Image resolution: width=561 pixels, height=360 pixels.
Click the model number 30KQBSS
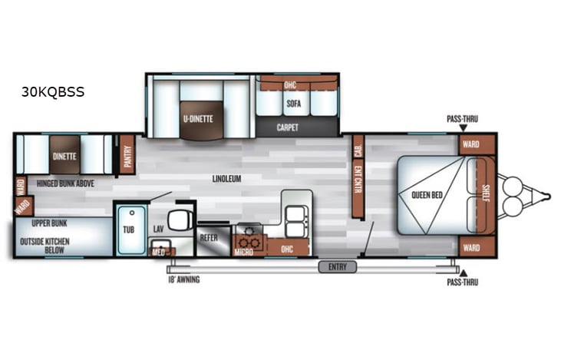pos(53,92)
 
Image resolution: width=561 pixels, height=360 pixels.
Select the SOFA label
pos(293,103)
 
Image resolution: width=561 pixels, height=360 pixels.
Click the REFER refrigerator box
pos(209,238)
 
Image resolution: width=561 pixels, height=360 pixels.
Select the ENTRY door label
pos(338,266)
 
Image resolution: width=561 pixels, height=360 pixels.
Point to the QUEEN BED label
pos(426,194)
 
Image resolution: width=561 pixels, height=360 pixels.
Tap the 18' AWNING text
pos(184,280)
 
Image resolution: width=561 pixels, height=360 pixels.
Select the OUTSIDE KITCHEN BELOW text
pos(48,246)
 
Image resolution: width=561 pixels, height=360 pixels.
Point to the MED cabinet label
pos(159,251)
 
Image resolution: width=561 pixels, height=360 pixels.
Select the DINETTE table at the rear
pos(64,156)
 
